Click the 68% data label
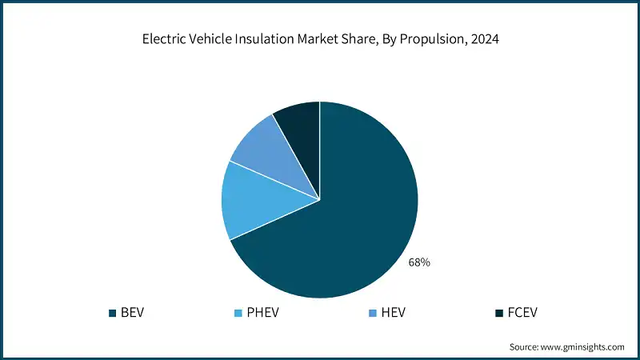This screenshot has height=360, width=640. (419, 262)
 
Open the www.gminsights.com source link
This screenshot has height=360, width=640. (582, 347)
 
